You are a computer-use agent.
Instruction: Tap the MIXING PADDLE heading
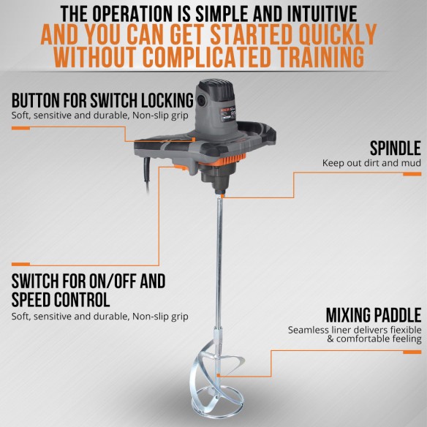coord(372,315)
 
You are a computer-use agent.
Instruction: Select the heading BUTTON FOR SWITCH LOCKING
coord(102,100)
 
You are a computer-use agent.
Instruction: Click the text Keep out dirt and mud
coord(371,163)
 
